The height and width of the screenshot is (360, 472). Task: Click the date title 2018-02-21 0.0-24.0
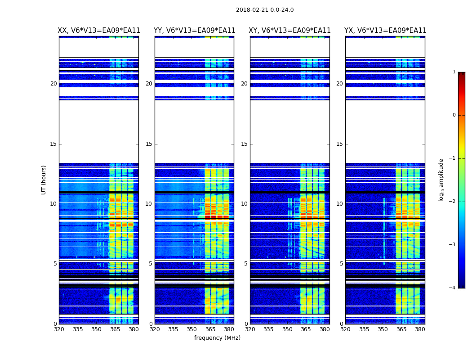265,10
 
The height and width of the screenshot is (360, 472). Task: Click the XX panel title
99,31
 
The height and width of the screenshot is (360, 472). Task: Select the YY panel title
194,31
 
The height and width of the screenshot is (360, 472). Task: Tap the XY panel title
290,31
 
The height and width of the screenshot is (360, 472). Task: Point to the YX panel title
385,31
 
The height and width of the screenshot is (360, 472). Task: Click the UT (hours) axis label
44,180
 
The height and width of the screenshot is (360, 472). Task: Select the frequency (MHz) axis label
217,338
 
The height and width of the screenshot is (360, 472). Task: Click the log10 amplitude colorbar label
441,180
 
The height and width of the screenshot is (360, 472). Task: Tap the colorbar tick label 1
454,72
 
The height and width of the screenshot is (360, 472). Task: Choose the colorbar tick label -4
453,288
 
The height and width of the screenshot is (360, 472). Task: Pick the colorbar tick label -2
453,202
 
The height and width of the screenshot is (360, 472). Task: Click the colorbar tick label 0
454,115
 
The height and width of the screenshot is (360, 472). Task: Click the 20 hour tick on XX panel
53,84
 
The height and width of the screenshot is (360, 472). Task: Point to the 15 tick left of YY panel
149,144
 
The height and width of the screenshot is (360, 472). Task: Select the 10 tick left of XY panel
244,204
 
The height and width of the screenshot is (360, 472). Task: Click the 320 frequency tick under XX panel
59,330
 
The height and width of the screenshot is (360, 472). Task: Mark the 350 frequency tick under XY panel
287,330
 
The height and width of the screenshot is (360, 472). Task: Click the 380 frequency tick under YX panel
420,330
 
